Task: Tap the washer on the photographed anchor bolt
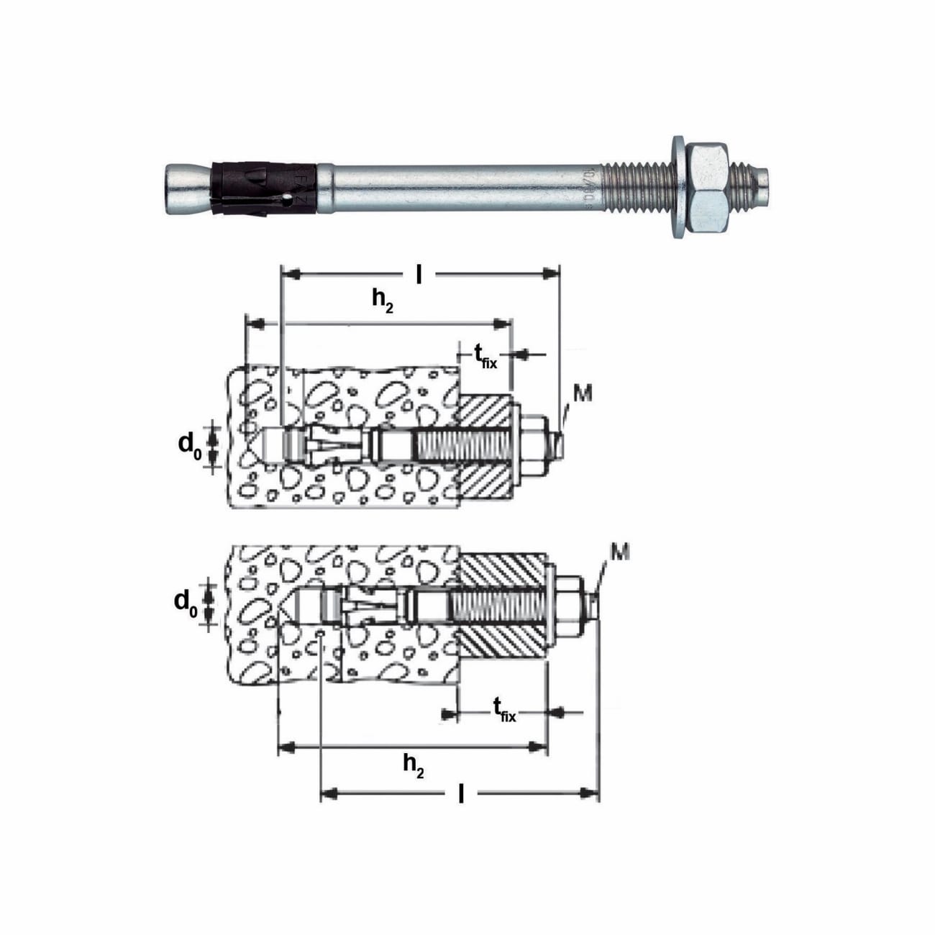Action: click(x=678, y=187)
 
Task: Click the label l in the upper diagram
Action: click(x=419, y=274)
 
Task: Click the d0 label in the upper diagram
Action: click(x=189, y=445)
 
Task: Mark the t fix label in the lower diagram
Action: click(x=504, y=711)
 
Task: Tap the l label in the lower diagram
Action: click(x=460, y=794)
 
